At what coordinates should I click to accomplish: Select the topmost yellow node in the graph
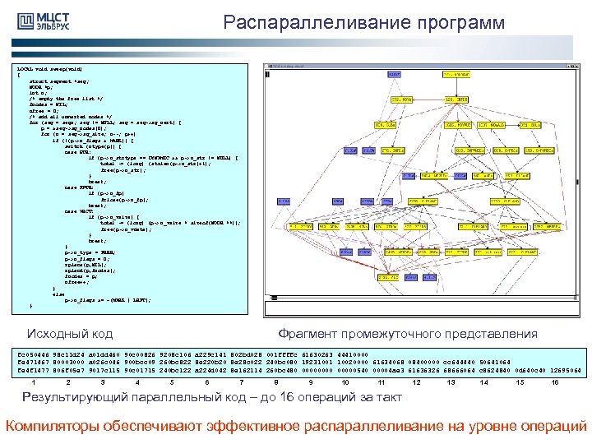click(456, 74)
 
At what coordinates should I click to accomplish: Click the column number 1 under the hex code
click(33, 382)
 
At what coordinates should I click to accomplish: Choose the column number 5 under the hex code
click(171, 382)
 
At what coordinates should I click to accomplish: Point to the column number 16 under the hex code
click(555, 382)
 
